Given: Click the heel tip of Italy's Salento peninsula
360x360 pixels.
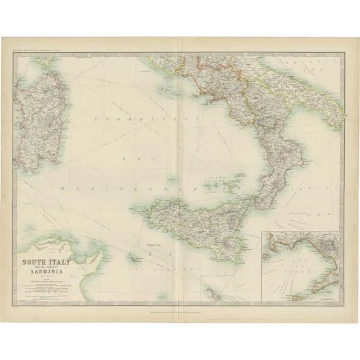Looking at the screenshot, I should point(344,123).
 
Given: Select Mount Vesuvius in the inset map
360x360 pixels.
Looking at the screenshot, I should point(327,242).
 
